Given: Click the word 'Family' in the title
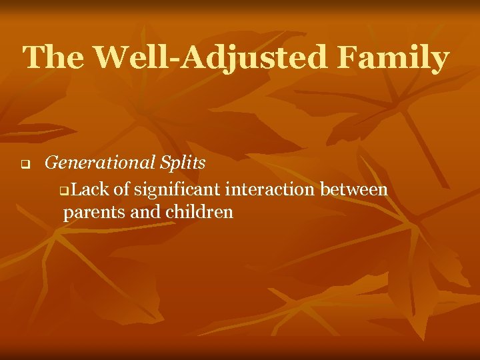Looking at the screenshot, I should click(x=393, y=59).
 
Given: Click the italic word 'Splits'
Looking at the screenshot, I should click(x=182, y=163).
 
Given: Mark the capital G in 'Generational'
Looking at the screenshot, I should click(x=51, y=162).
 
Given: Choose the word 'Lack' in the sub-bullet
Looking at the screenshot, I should click(x=89, y=190).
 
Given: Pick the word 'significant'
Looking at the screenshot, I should click(x=177, y=191).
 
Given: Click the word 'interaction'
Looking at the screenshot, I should click(x=271, y=190).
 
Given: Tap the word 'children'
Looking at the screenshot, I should click(x=198, y=213).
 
